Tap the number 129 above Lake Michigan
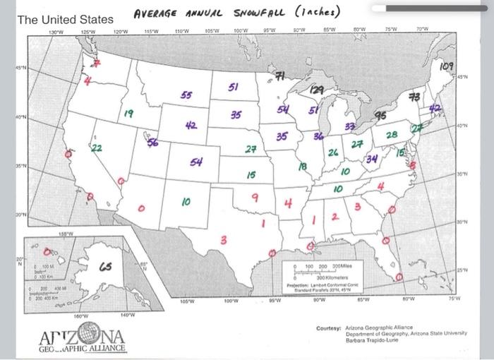pyautogui.click(x=317, y=90)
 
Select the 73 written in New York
pyautogui.click(x=415, y=96)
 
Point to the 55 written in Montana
pyautogui.click(x=186, y=95)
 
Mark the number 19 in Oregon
pyautogui.click(x=128, y=112)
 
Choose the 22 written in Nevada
pyautogui.click(x=96, y=148)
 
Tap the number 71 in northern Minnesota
pyautogui.click(x=279, y=76)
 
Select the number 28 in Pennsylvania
pyautogui.click(x=392, y=134)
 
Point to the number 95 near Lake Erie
pyautogui.click(x=380, y=115)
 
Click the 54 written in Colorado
pyautogui.click(x=196, y=162)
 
